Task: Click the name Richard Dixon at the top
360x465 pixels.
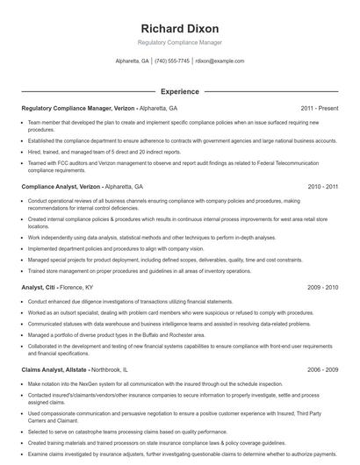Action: tap(179, 28)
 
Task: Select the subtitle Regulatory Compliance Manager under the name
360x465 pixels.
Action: tap(179, 42)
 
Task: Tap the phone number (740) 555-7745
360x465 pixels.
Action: tap(172, 61)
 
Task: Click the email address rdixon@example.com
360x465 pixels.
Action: tap(220, 61)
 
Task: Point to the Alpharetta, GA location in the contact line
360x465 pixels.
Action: tap(133, 61)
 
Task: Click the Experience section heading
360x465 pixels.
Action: tap(179, 91)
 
